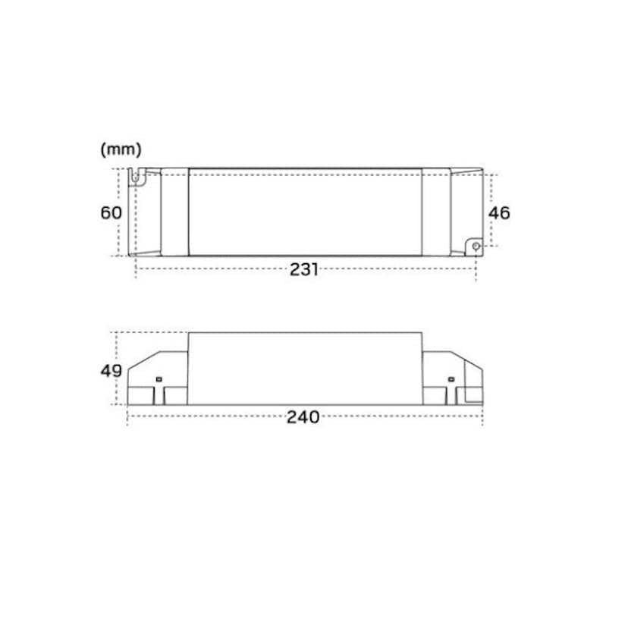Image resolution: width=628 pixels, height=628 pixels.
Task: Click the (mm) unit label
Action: (121, 150)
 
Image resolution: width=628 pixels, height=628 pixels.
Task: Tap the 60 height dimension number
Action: (111, 212)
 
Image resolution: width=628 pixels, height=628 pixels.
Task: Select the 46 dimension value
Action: (499, 212)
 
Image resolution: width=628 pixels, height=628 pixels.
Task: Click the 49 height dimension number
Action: (111, 371)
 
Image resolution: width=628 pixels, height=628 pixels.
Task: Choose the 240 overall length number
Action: (303, 418)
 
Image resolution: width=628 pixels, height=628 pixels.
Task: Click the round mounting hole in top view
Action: (476, 246)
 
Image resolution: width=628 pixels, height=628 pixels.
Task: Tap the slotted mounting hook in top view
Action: (137, 177)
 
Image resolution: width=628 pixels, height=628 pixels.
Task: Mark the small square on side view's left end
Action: (159, 378)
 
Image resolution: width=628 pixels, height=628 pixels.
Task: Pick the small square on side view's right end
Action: (450, 378)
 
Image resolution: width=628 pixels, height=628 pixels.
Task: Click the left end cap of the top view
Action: (174, 212)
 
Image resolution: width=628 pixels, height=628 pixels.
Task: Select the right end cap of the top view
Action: (436, 212)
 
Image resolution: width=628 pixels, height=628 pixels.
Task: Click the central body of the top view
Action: (305, 212)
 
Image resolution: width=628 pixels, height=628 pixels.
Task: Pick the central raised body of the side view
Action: (305, 368)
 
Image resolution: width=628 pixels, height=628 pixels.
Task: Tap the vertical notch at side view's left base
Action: (163, 395)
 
